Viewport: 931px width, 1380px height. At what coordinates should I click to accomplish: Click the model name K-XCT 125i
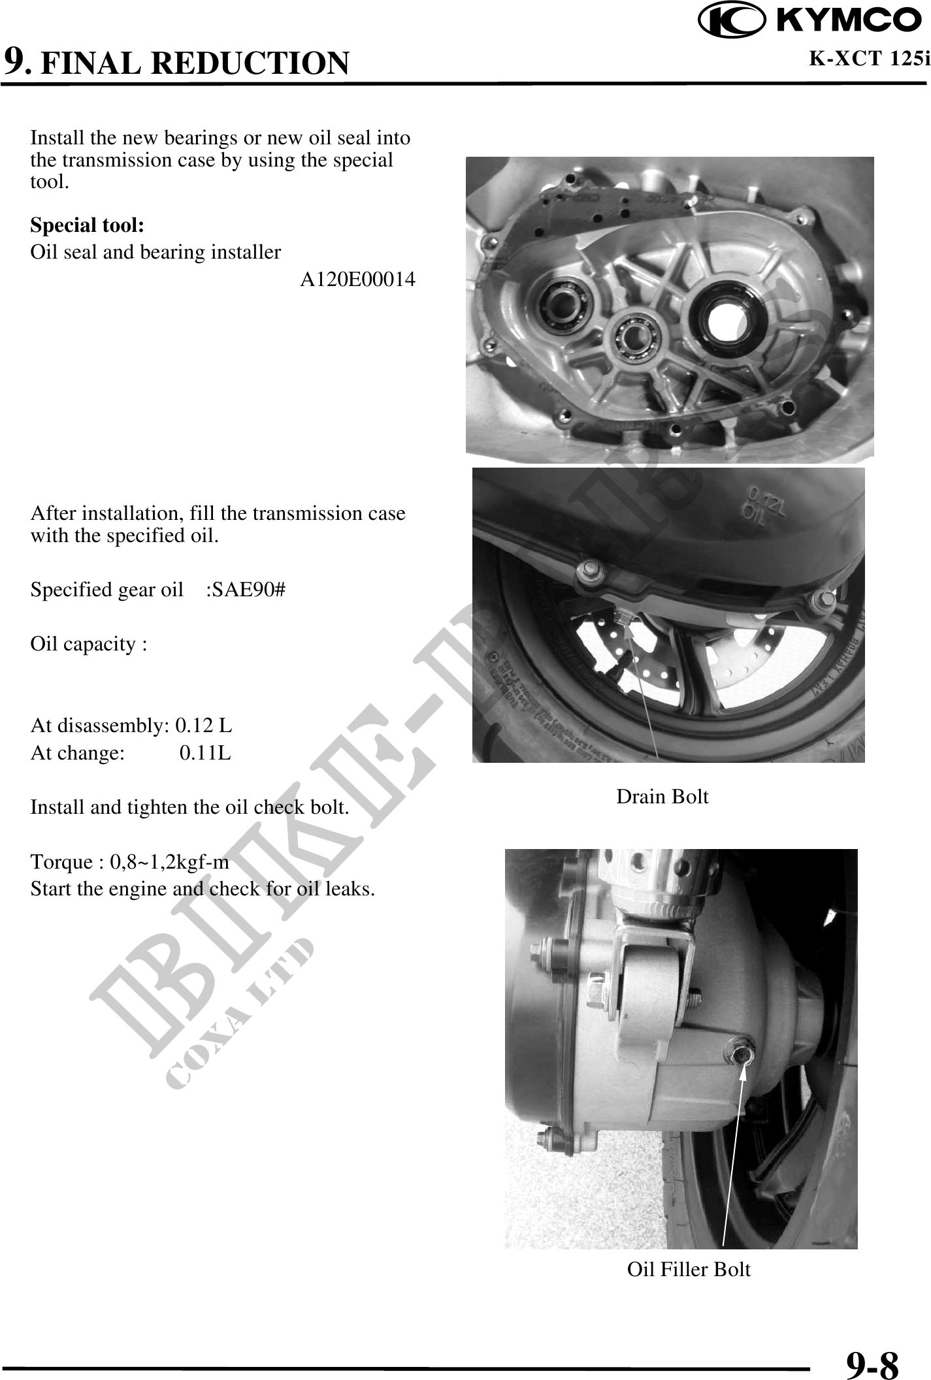click(x=870, y=59)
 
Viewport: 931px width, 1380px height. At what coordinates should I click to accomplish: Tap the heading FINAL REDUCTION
click(x=195, y=63)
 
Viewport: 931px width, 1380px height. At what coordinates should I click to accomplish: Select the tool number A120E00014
click(x=357, y=280)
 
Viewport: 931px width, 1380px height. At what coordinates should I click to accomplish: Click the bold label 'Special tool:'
click(x=88, y=225)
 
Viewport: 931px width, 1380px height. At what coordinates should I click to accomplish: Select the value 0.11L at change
click(x=205, y=753)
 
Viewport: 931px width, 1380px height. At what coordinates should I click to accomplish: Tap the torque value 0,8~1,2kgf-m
click(x=169, y=862)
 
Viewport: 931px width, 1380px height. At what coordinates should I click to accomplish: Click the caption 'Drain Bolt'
click(x=662, y=797)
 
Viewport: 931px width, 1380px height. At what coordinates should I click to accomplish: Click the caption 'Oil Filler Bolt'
click(x=689, y=1269)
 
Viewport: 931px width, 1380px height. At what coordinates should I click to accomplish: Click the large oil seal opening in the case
click(x=728, y=315)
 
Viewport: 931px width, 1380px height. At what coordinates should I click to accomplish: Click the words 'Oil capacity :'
click(x=89, y=645)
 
